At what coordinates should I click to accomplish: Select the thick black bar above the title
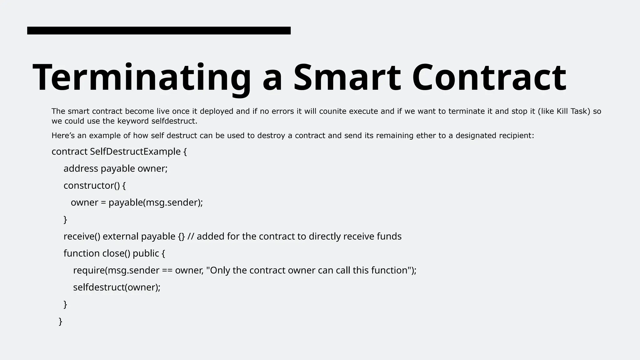pyautogui.click(x=159, y=31)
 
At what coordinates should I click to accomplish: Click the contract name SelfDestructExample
pyautogui.click(x=135, y=152)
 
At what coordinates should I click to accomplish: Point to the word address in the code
pyautogui.click(x=81, y=169)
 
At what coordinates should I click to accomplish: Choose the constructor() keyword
pyautogui.click(x=92, y=186)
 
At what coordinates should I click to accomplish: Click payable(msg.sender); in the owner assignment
pyautogui.click(x=156, y=202)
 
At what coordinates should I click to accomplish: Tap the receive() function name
pyautogui.click(x=82, y=237)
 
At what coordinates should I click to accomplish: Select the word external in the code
pyautogui.click(x=120, y=237)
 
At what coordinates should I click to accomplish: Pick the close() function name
pyautogui.click(x=116, y=253)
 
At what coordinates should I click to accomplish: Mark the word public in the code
pyautogui.click(x=146, y=253)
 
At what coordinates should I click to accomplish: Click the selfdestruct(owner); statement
pyautogui.click(x=117, y=287)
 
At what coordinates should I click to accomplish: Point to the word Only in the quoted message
pyautogui.click(x=220, y=270)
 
